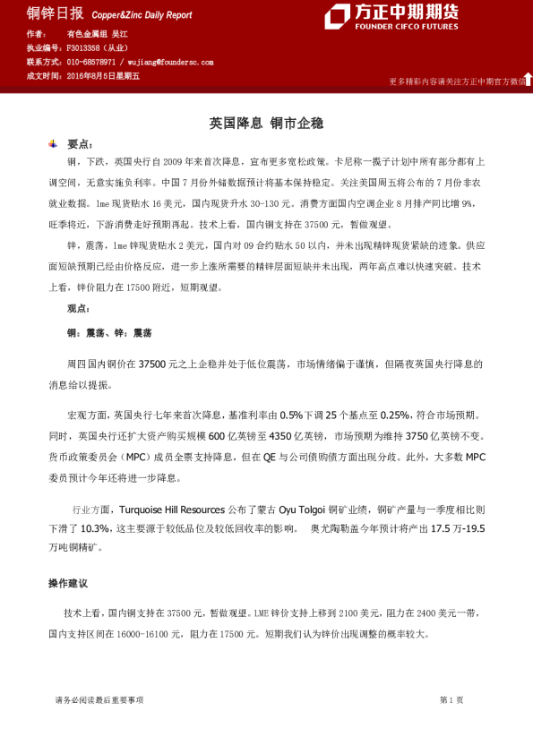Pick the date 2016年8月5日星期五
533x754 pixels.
[x=103, y=76]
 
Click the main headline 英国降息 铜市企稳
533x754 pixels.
[x=266, y=122]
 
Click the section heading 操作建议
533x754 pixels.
[x=68, y=583]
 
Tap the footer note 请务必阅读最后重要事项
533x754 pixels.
[x=99, y=699]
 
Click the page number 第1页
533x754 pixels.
[x=451, y=699]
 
